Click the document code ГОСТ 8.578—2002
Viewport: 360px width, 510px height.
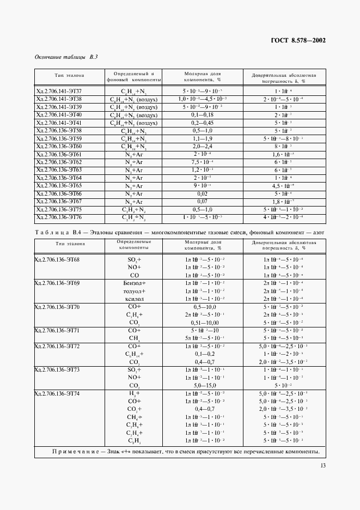coord(298,40)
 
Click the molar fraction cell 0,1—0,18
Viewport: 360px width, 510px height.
coord(203,115)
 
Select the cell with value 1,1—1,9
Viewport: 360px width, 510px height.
coord(203,139)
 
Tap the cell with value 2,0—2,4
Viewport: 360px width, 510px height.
coord(203,147)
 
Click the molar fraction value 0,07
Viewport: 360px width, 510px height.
coord(203,202)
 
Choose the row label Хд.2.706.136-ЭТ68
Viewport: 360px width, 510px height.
coord(57,259)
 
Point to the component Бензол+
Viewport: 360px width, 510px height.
coord(135,283)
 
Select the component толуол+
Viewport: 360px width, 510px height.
coord(135,291)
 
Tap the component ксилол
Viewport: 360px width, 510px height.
coord(135,299)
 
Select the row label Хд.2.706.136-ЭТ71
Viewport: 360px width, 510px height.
coord(57,330)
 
